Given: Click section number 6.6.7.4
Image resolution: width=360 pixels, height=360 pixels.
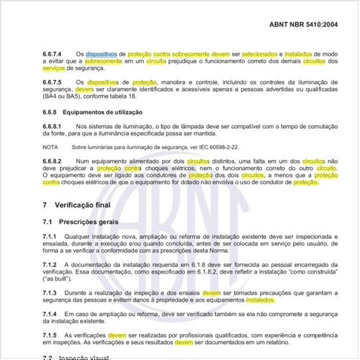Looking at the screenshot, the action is pos(54,53).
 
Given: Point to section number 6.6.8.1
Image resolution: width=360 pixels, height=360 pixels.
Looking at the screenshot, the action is pos(54,127).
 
